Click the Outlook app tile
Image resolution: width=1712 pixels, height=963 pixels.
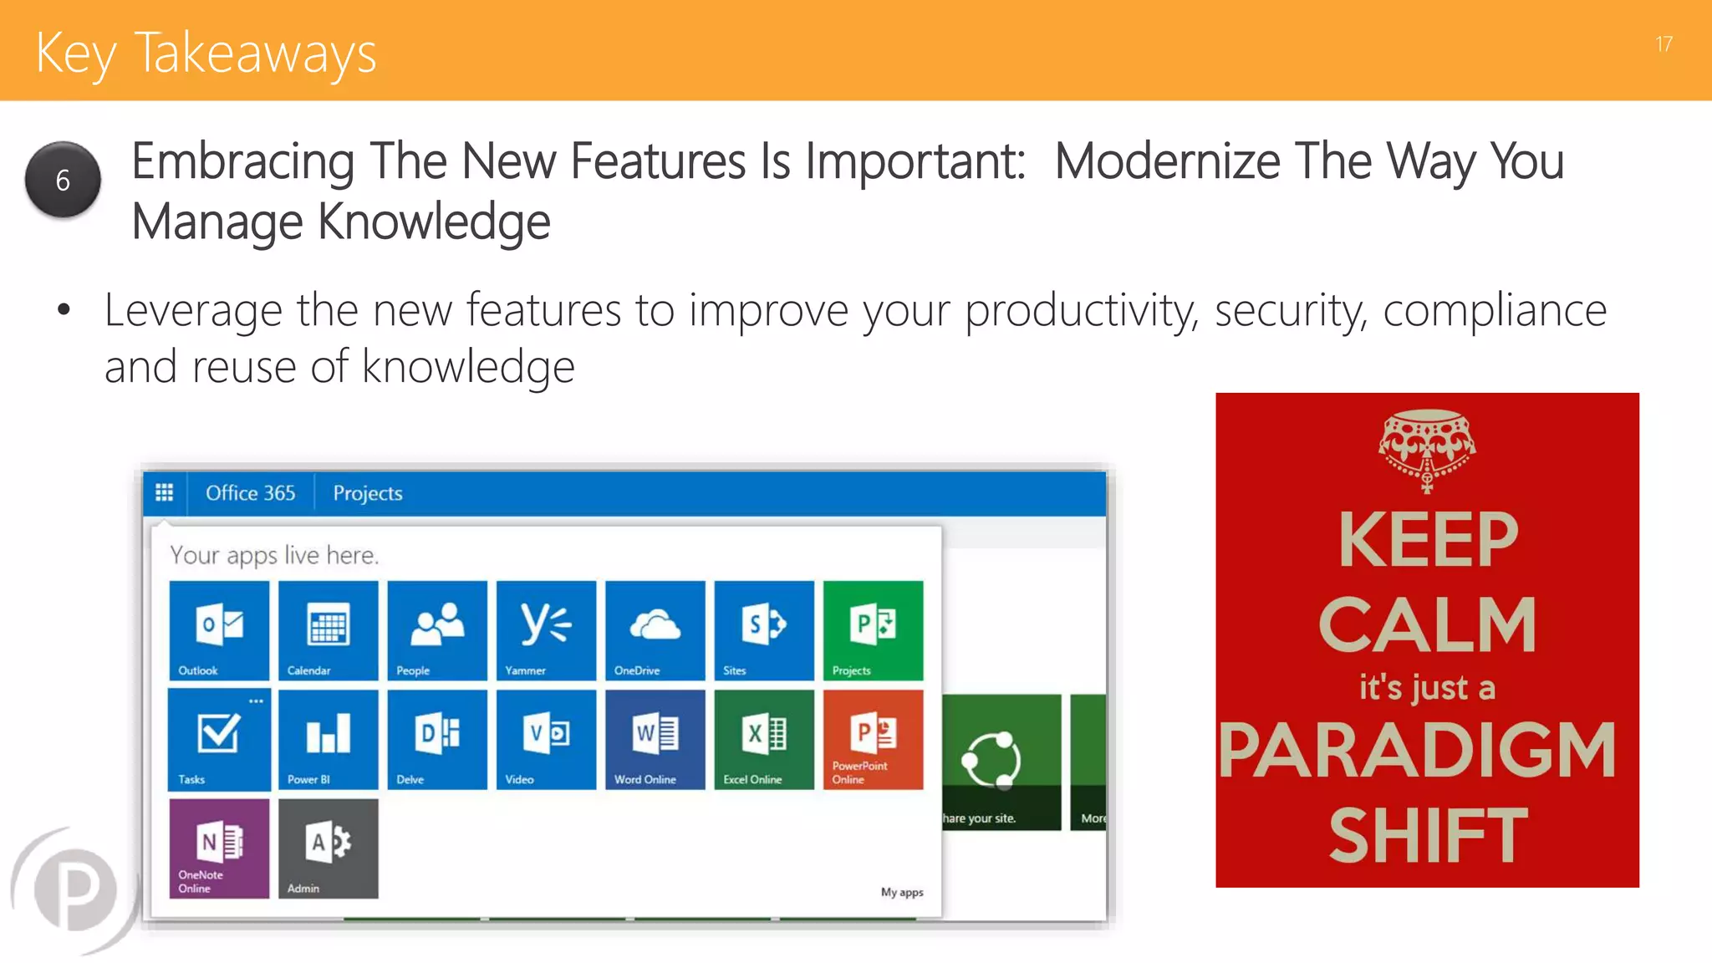point(219,630)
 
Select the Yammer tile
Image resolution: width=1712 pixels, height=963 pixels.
point(546,630)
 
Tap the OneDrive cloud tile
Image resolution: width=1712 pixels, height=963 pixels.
point(655,630)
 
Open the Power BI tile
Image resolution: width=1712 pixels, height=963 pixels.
point(328,739)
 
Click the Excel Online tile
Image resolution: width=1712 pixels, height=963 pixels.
point(764,739)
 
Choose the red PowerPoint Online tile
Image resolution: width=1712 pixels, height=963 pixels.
point(873,739)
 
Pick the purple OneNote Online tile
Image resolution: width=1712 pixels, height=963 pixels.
point(219,848)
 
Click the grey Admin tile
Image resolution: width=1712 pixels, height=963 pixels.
point(328,848)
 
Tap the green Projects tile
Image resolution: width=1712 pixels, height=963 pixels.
point(873,630)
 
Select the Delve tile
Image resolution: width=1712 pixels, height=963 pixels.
point(437,739)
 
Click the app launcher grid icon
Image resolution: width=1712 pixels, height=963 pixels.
point(165,492)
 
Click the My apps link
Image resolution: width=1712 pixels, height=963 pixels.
point(901,892)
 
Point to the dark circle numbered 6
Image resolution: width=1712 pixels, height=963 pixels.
point(63,180)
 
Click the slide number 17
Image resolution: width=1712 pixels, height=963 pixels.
point(1664,44)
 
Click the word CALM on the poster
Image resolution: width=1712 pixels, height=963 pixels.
point(1427,624)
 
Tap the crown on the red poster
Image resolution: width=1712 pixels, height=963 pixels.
point(1427,447)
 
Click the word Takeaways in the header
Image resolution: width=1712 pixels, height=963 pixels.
point(255,53)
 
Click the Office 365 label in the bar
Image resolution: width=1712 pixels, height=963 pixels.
point(250,493)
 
